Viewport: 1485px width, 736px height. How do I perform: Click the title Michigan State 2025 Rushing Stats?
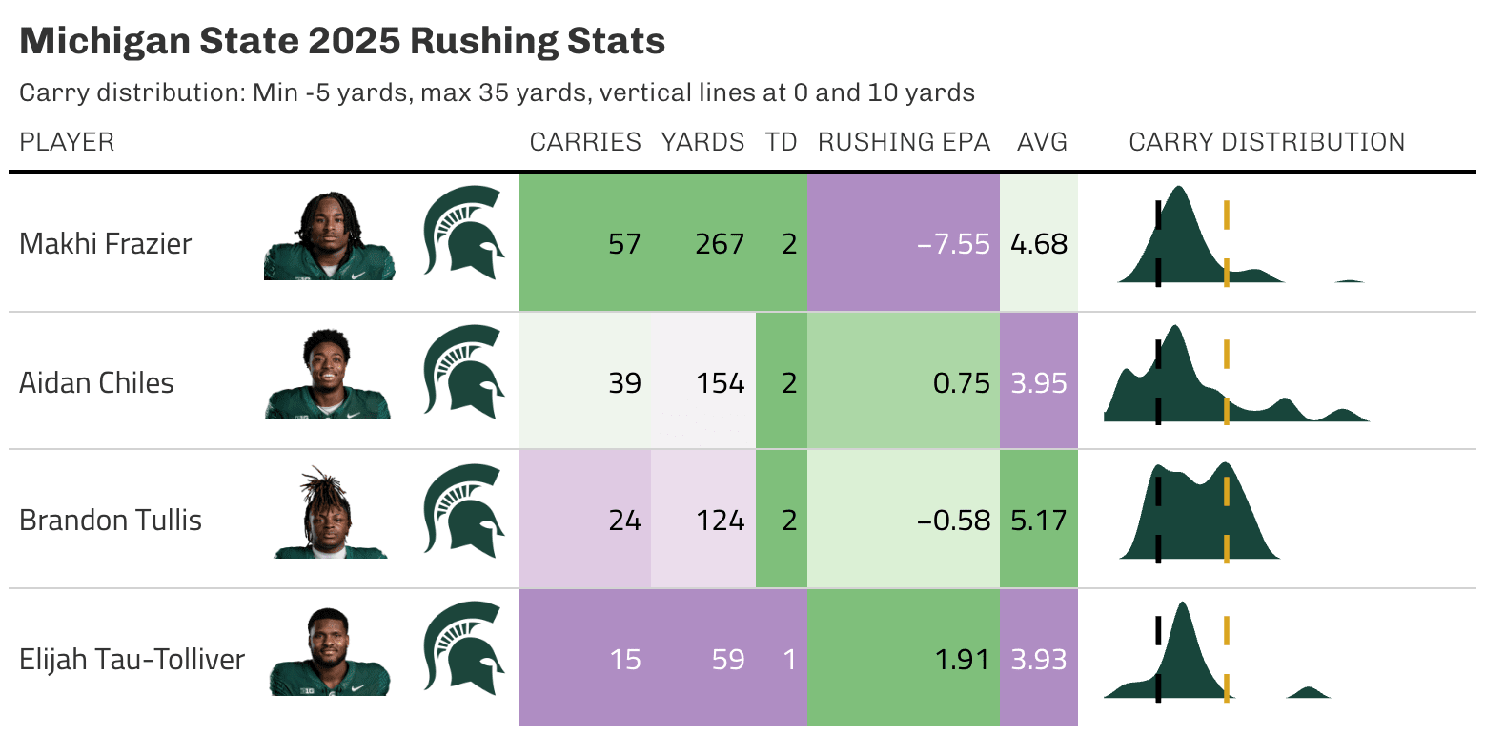pos(341,42)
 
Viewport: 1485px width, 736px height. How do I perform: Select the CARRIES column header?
pos(585,142)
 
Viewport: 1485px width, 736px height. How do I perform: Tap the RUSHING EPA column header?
pos(904,142)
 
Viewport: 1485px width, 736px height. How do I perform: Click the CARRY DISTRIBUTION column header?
pos(1267,142)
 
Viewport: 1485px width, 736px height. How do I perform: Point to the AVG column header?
pos(1042,142)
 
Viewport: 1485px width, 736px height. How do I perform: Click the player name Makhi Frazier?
pos(105,244)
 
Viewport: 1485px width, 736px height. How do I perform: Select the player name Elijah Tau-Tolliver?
pos(132,660)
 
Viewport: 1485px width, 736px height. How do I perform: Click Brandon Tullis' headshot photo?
pos(330,515)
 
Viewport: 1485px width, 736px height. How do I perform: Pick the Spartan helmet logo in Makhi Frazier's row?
pos(463,234)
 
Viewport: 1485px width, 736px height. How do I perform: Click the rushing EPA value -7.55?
pos(953,244)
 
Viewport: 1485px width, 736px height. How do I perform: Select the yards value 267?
pos(720,244)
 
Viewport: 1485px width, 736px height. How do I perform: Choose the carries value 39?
pos(624,383)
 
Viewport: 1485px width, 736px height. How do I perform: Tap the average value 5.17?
pos(1038,521)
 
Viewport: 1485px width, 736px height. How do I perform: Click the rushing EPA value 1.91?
pos(962,660)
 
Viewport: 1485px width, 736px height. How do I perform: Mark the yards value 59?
pos(728,660)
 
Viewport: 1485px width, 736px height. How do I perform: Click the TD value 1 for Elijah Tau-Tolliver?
pos(788,660)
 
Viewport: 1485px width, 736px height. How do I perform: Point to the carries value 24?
pos(624,521)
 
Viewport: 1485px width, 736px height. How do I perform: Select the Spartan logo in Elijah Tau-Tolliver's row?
pos(463,649)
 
